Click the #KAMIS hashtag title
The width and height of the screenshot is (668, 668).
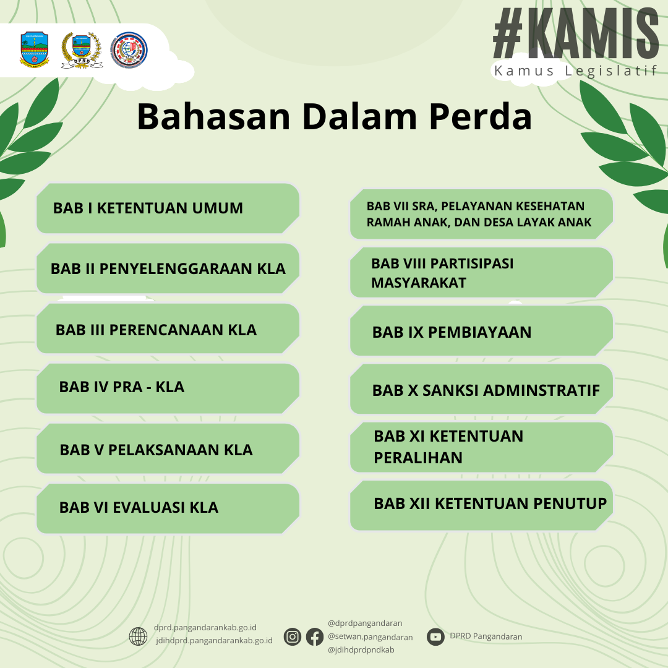(x=576, y=33)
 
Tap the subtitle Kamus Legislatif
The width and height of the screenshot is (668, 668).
(x=576, y=71)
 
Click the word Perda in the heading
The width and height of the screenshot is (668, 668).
(x=480, y=116)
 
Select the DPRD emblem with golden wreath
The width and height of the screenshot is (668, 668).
(x=82, y=50)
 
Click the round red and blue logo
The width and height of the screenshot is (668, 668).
(x=129, y=50)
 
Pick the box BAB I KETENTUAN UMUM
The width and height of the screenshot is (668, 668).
(x=168, y=208)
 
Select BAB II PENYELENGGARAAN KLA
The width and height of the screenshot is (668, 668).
(x=168, y=268)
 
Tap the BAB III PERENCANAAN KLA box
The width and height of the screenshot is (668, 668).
(x=168, y=329)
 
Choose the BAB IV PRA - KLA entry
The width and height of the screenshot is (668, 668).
(x=168, y=388)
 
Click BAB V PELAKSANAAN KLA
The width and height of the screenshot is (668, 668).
(x=168, y=449)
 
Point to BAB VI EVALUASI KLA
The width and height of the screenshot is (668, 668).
(x=168, y=508)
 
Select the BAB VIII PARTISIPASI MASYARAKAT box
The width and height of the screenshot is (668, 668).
(x=481, y=273)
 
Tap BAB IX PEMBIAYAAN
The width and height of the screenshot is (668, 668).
(x=481, y=331)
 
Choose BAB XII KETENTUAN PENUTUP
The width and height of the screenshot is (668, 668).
(x=481, y=506)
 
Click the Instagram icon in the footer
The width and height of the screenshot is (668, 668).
(x=292, y=637)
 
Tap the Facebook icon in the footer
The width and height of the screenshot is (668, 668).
(x=315, y=637)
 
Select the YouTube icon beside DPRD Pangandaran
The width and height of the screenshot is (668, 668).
(x=435, y=637)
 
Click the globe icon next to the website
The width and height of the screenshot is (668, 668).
(x=138, y=636)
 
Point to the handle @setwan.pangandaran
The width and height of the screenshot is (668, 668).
(x=370, y=637)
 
